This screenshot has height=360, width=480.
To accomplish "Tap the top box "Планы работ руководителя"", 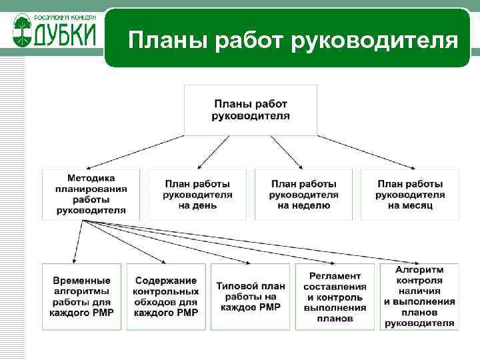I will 251,110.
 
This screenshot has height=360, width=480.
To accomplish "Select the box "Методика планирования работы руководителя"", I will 91,194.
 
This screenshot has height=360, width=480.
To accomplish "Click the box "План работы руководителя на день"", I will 197,194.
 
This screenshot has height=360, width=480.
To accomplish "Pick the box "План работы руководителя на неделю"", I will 304,194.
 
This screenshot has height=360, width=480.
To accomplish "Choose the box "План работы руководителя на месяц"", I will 410,194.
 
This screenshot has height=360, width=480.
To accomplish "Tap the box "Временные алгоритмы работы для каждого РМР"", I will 82,297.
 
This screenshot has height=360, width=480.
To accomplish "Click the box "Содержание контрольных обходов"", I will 166,297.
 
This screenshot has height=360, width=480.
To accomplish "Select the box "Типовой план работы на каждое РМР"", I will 251,297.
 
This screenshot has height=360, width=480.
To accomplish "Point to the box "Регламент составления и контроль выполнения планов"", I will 335,297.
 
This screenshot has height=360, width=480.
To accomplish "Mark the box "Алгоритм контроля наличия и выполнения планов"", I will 419,297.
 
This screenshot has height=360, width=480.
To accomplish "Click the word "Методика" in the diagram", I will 91,178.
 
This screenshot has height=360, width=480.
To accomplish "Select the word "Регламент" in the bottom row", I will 335,276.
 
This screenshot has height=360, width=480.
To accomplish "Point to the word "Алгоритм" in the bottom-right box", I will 419,269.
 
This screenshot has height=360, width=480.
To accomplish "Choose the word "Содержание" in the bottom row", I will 166,281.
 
